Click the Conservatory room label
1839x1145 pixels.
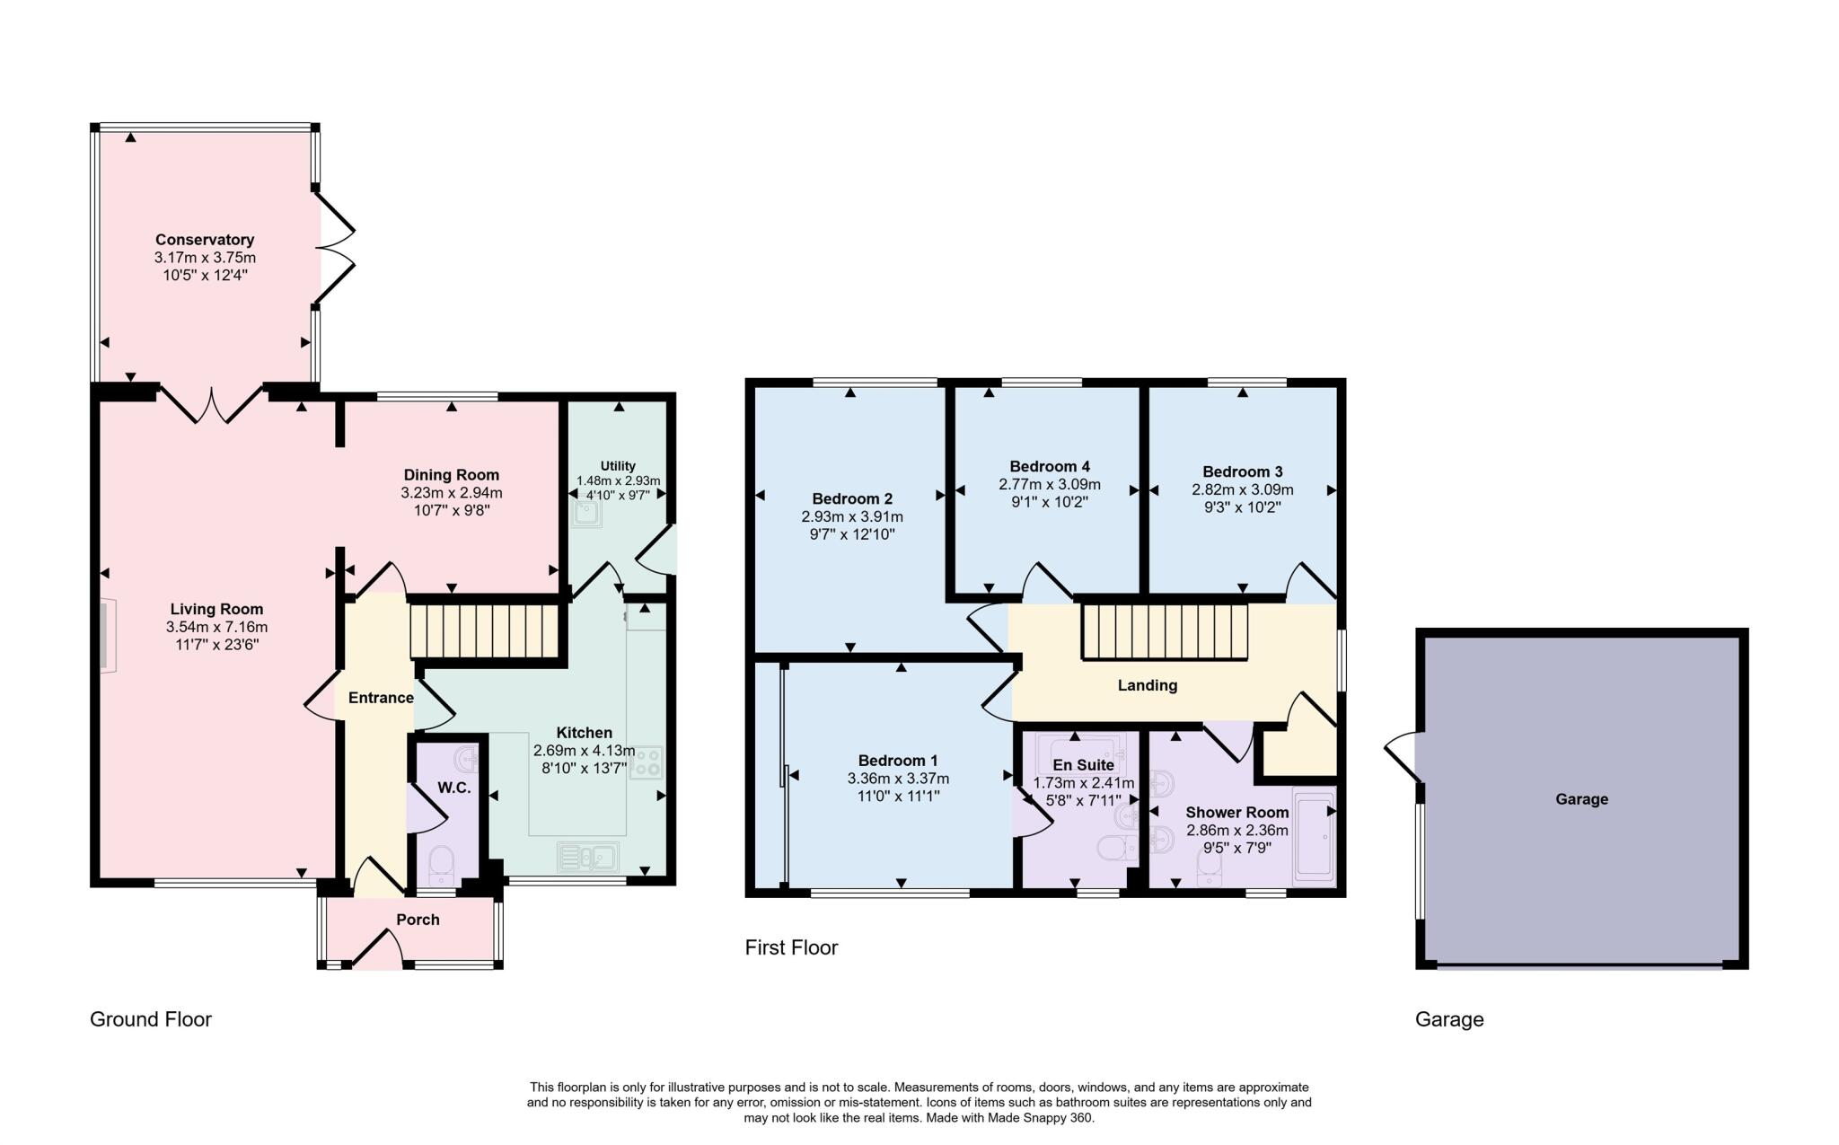click(x=205, y=240)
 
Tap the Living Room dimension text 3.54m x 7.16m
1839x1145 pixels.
click(x=216, y=627)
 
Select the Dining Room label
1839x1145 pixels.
click(x=451, y=475)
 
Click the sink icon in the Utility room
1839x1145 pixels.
click(x=586, y=512)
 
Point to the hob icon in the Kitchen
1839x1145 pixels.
click(x=646, y=762)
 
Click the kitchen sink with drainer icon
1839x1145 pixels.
click(x=586, y=857)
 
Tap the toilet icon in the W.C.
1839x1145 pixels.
click(x=442, y=862)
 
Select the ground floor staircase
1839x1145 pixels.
click(x=485, y=631)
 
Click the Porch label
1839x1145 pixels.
click(x=418, y=920)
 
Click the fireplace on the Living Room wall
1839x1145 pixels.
click(x=107, y=636)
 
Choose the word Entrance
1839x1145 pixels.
click(x=381, y=698)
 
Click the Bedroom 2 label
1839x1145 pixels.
click(x=851, y=499)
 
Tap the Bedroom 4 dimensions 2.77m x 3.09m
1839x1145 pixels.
click(x=1049, y=485)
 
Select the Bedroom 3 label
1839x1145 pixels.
click(x=1242, y=472)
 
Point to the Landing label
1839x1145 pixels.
click(x=1147, y=685)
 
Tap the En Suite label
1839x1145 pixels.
click(x=1083, y=765)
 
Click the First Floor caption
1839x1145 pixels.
click(x=790, y=947)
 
